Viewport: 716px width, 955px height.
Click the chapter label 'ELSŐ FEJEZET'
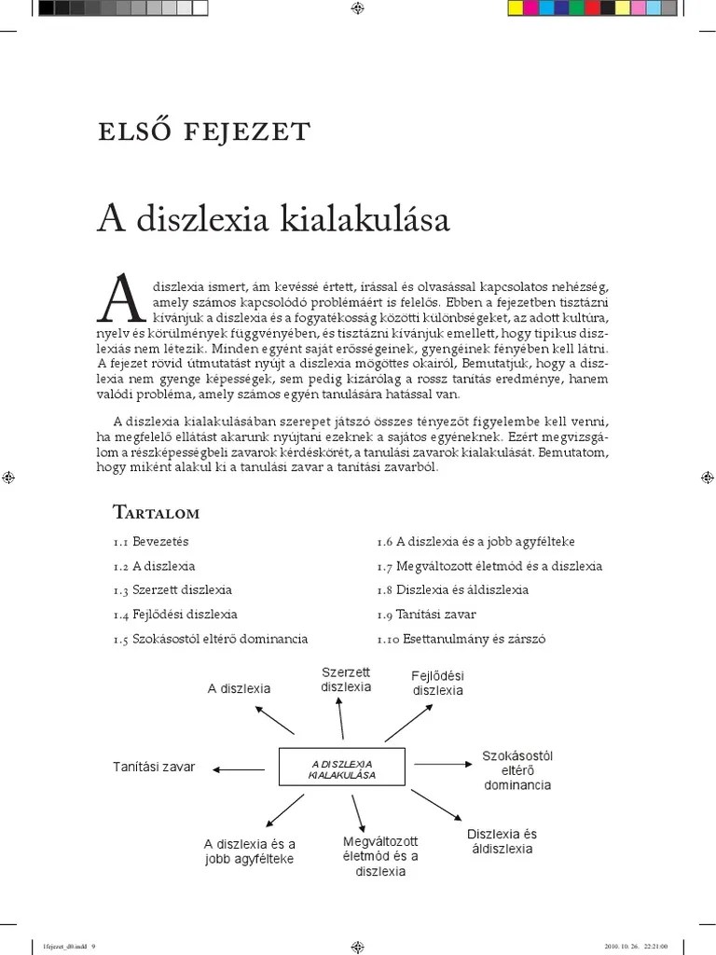click(x=203, y=131)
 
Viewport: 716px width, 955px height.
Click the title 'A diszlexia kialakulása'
click(x=273, y=220)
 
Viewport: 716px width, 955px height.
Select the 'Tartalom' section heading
click(x=156, y=512)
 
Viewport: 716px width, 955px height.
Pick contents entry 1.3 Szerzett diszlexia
click(x=172, y=590)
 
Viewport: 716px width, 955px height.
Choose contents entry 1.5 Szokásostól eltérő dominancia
click(x=210, y=639)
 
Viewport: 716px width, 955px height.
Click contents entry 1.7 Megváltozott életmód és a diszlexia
click(x=489, y=566)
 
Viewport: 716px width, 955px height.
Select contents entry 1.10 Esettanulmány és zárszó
click(x=461, y=639)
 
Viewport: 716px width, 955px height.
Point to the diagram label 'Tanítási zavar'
click(x=154, y=767)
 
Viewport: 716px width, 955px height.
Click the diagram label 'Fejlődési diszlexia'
click(x=437, y=683)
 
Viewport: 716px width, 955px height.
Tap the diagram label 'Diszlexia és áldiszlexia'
click(x=502, y=841)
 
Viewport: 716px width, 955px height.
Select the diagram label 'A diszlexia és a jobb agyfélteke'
click(x=249, y=851)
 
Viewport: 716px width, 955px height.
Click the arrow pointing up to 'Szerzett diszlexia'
click(x=341, y=721)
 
